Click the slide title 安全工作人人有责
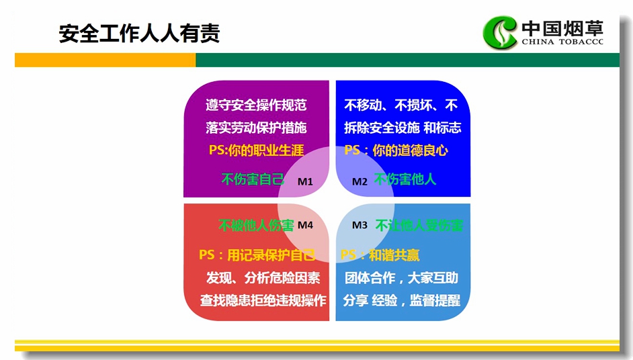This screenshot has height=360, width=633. point(139,33)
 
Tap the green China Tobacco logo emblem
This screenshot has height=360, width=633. point(500,32)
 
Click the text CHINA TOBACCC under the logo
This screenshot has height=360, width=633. point(562,42)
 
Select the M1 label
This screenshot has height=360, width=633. point(305,181)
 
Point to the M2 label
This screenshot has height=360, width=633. point(360,181)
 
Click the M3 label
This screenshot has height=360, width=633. point(360,225)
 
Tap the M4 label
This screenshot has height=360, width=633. point(305,225)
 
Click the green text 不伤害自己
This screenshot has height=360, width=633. point(253,179)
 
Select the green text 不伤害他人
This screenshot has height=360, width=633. point(405,179)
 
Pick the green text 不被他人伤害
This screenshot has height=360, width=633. point(256,225)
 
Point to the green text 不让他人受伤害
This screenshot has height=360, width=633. point(419,225)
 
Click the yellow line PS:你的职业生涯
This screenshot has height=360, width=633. point(256,150)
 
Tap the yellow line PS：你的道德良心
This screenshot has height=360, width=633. point(396,150)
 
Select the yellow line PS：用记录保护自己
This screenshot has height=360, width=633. point(257,255)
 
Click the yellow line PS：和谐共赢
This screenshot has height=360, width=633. point(380,255)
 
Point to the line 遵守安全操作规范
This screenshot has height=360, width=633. point(256,105)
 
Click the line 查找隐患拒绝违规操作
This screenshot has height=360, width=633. point(263,300)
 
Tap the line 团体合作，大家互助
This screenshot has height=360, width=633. point(401,277)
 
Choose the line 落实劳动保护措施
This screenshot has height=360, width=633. point(256,128)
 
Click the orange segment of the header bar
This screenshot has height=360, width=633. point(105,60)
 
